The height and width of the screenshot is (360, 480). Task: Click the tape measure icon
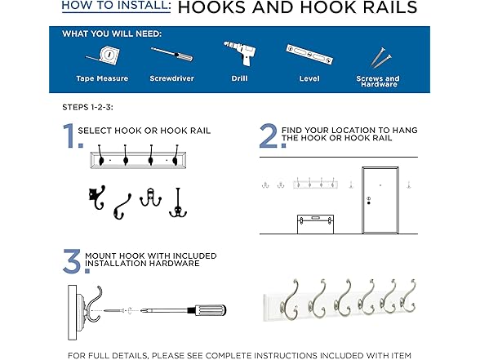[x=104, y=56]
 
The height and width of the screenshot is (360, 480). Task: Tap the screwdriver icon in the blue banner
[x=172, y=54]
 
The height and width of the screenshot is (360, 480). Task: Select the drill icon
[x=241, y=53]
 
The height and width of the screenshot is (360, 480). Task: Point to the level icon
[x=309, y=54]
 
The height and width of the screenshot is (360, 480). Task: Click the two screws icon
[x=381, y=57]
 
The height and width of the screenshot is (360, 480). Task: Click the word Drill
[x=239, y=78]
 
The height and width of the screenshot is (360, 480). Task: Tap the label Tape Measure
[x=102, y=78]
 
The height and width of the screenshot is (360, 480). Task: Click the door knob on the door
[x=369, y=202]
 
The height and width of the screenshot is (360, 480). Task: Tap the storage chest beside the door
[x=316, y=224]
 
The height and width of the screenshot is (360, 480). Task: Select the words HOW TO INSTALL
[x=116, y=6]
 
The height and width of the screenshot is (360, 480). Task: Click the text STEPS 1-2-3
[x=87, y=108]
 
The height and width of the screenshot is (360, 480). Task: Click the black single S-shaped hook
[x=122, y=207]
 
